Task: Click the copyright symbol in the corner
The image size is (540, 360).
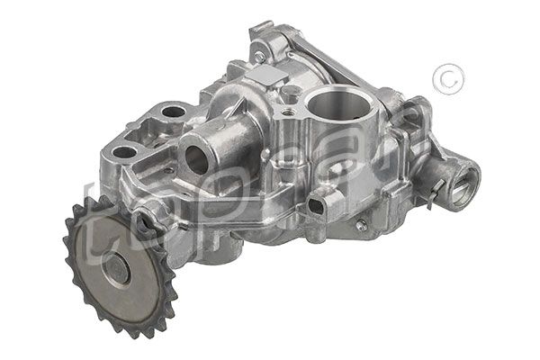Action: pos(444,80)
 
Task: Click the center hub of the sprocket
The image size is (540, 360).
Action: pos(115,267)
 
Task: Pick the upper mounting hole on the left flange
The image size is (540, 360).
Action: pos(174,112)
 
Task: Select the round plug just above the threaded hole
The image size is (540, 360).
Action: pos(289,93)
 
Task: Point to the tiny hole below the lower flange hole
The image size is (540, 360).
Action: pos(142,171)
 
